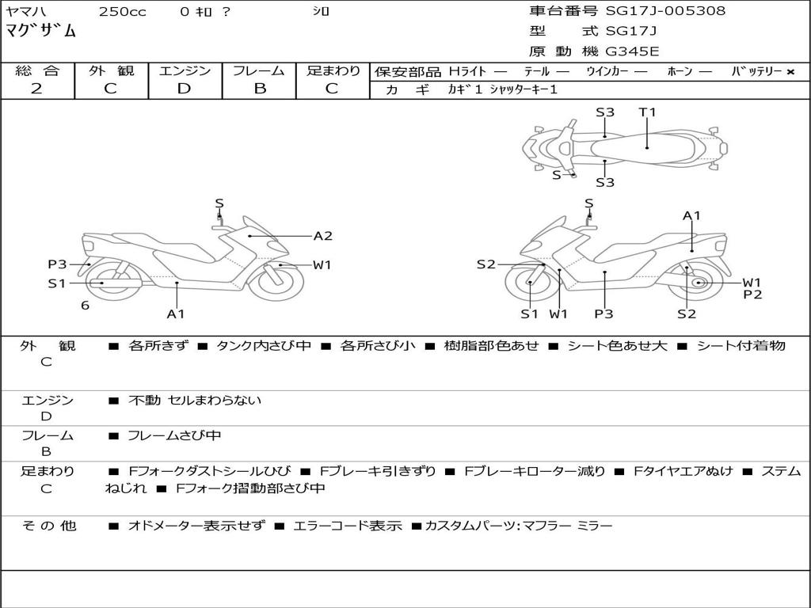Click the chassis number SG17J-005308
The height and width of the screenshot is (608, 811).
coord(665,11)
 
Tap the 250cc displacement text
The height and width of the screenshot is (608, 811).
coord(122,12)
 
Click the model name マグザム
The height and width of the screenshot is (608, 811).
coord(41,32)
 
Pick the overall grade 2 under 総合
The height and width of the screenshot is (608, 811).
coord(36,89)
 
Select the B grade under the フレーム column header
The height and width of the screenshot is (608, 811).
coord(259,89)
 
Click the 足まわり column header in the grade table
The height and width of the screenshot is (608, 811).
coord(333,71)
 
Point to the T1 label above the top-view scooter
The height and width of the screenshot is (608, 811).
coord(647,112)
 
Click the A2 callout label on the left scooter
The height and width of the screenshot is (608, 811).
coord(322,236)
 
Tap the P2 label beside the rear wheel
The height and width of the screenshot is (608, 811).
coord(752,294)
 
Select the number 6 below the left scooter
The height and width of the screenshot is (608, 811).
coord(85,305)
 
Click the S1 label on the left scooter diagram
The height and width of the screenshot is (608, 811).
coord(56,283)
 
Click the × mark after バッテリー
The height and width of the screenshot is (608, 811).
coord(790,72)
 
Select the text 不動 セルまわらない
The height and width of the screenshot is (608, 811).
coord(195,401)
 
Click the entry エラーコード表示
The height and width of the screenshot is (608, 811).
coord(348,526)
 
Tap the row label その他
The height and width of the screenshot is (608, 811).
coord(49,526)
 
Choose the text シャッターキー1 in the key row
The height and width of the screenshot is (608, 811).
coord(524,89)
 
